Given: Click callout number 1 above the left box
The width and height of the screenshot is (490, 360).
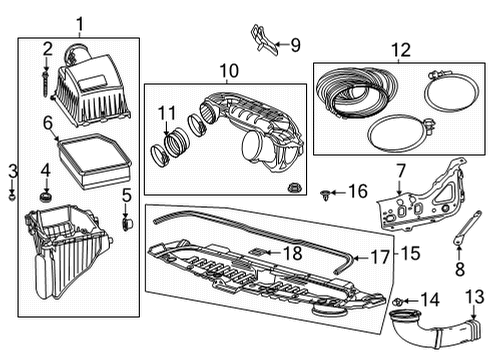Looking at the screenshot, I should coord(79,21).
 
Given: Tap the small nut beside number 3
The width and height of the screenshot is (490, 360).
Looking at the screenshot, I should coord(11,194).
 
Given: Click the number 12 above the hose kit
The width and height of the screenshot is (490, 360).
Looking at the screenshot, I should coord(400,49).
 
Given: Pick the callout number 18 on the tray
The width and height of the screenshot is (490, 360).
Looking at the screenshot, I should coord(291,254).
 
